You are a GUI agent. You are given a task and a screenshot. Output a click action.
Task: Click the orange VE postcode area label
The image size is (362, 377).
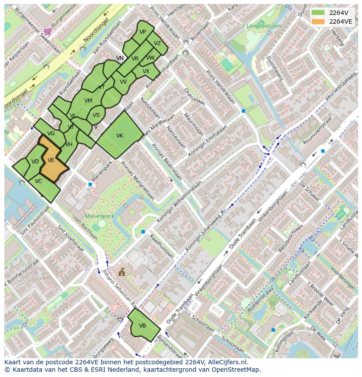pos(51,160)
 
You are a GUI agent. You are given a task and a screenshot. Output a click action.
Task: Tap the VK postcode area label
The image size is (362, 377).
pos(120,136)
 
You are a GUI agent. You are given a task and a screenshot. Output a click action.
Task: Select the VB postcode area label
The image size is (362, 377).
pos(143,326)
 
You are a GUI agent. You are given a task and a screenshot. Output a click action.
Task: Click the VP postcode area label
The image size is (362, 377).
pos(143,32)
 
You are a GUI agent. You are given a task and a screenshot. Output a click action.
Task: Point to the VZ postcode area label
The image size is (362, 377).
pos(157,43)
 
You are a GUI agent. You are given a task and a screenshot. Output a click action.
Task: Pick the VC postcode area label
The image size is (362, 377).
pos(38,181)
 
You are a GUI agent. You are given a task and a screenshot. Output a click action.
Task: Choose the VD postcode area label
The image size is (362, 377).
pos(35,162)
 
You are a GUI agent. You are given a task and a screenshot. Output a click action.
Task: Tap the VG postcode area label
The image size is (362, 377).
pos(51,134)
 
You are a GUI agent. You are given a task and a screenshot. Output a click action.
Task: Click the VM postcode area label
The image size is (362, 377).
pos(88,101)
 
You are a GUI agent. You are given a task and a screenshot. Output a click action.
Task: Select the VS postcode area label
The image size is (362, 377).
pos(96,115)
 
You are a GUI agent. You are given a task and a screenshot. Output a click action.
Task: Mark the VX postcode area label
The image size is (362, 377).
pos(146,71)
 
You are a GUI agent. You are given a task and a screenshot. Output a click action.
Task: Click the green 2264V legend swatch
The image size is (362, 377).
pos(318,13)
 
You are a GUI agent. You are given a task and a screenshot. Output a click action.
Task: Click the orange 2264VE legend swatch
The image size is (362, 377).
pos(318,21)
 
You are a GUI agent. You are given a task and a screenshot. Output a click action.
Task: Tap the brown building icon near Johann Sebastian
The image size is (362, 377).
pos(122,272)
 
